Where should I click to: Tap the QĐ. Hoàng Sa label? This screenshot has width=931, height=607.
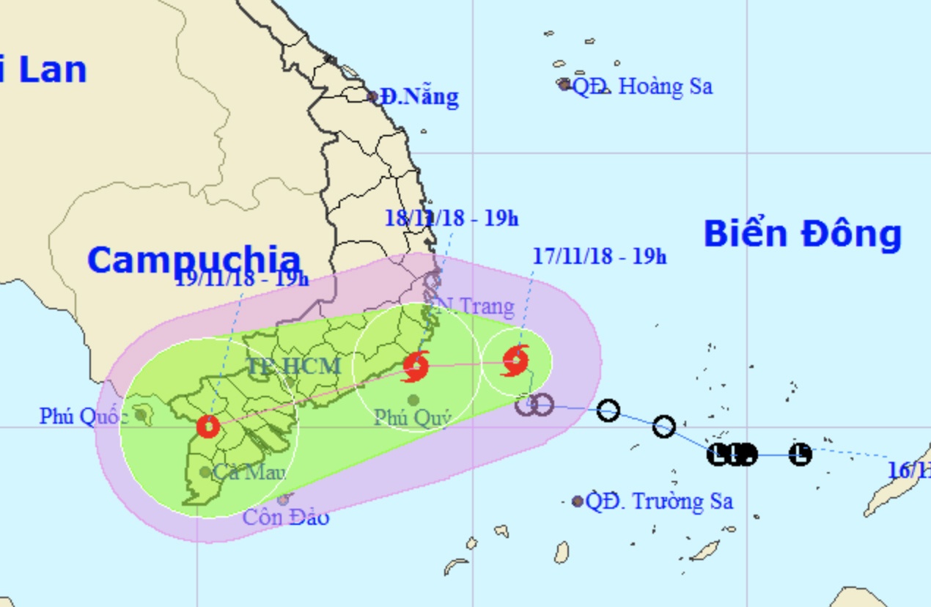coord(642,87)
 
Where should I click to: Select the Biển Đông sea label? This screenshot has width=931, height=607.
coord(802,235)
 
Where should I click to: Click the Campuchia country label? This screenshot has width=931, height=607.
coord(194,260)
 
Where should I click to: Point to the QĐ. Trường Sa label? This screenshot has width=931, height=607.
coord(659,501)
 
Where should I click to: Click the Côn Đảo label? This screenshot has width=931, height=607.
coord(286,517)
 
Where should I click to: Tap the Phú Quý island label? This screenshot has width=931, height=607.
coord(412,417)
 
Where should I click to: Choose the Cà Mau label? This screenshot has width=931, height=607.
coord(249,472)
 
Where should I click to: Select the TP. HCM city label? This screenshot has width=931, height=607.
coord(294,365)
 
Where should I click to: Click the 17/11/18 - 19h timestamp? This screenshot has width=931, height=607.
coord(600,257)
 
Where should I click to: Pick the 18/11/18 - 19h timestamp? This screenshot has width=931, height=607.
coord(452,218)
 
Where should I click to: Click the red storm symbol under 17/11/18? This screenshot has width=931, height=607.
coord(516,360)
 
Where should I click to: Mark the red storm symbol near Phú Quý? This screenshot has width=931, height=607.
coord(416,366)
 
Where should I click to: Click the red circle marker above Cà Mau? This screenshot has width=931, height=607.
coord(208,426)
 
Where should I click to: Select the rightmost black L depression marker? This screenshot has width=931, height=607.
coord(801,455)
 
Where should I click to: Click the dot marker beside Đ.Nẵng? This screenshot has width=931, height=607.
coord(372,96)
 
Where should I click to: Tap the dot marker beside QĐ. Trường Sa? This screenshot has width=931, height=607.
coord(578,501)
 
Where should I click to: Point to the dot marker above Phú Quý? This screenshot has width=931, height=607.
coord(413,400)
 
